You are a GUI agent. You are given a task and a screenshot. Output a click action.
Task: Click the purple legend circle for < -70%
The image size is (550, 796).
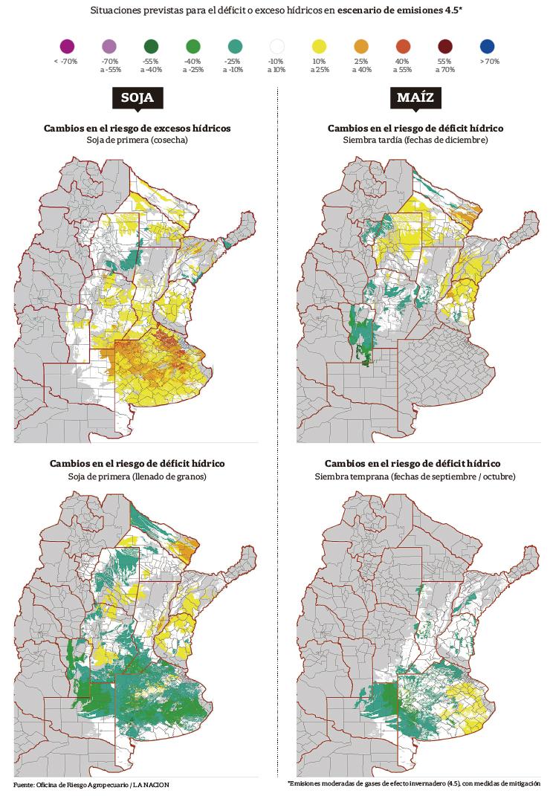tap(66, 47)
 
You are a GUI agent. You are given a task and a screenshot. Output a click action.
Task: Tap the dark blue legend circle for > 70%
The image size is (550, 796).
tap(487, 47)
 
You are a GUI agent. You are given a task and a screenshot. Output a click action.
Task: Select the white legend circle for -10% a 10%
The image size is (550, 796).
tap(276, 47)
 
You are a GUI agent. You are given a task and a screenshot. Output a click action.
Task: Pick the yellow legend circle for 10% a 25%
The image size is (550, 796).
tap(319, 47)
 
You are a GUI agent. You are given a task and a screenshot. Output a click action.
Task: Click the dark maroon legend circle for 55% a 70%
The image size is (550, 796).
tap(444, 47)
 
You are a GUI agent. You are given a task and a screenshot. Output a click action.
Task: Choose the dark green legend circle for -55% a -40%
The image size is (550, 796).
tap(151, 47)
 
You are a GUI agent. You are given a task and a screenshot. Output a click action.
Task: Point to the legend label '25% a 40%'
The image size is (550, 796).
tap(361, 65)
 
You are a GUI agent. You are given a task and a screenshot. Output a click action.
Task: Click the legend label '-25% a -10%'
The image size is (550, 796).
tap(235, 65)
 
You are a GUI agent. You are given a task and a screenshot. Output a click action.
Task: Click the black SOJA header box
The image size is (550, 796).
tap(137, 98)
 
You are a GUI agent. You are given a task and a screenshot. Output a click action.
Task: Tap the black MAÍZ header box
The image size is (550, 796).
tap(415, 98)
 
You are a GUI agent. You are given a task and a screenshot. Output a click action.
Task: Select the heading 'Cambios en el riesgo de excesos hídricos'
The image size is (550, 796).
tap(137, 128)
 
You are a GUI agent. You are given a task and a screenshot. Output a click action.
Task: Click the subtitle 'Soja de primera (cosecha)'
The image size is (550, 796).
tap(137, 140)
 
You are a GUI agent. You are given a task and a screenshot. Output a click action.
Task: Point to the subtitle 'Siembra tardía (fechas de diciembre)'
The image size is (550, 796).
tap(415, 140)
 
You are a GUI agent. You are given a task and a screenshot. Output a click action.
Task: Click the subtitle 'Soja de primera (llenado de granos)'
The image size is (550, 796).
tap(137, 476)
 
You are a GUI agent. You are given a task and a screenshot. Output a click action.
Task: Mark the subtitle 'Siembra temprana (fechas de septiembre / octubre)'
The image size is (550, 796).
tap(415, 476)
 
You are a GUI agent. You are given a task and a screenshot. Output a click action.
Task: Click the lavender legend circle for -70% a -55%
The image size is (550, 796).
tap(109, 47)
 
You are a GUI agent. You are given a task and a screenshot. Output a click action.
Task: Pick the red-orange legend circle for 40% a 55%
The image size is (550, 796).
tap(403, 47)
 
